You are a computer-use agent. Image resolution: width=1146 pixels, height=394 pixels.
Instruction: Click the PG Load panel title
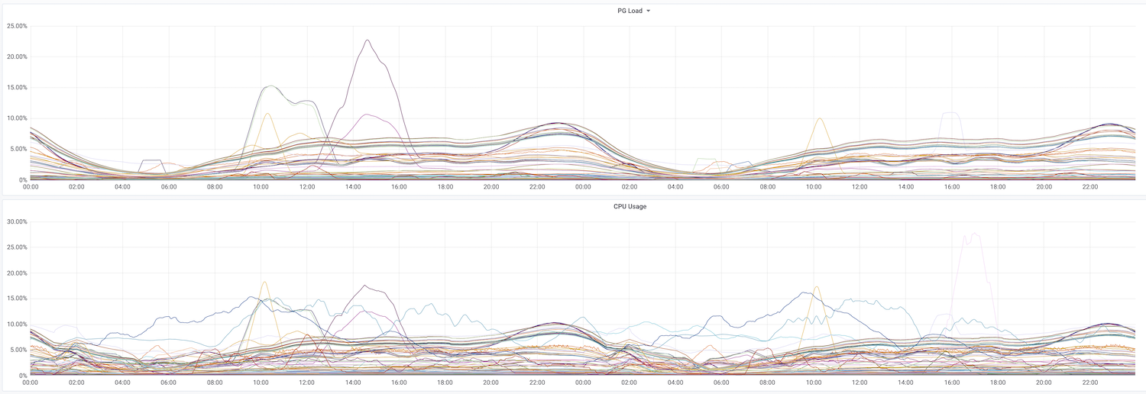click(x=630, y=11)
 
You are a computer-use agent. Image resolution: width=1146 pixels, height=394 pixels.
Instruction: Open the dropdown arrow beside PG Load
click(x=648, y=11)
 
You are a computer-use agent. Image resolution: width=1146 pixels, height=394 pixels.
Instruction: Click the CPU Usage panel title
click(x=630, y=206)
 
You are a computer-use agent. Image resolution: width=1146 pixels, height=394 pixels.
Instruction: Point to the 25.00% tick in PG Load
click(x=18, y=26)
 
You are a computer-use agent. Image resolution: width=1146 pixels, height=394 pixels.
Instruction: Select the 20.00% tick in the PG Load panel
click(x=18, y=57)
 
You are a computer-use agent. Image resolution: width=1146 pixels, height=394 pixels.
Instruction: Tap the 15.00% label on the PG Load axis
click(x=18, y=87)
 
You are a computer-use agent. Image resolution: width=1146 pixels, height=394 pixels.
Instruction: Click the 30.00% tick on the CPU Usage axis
click(x=18, y=221)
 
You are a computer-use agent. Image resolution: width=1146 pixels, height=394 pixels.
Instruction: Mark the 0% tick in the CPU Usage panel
click(x=23, y=376)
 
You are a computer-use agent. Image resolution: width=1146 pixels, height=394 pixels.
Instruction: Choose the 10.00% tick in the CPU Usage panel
click(x=18, y=325)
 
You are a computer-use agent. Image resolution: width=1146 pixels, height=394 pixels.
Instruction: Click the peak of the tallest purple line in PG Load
click(x=367, y=40)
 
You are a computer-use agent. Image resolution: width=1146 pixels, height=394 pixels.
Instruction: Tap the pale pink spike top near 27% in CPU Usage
click(x=975, y=234)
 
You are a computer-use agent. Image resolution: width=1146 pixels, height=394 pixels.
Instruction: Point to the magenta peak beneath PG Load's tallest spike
click(x=366, y=115)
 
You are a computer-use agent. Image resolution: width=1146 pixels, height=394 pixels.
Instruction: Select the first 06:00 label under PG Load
click(x=169, y=187)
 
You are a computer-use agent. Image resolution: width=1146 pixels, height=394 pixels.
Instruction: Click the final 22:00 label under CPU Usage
click(x=1090, y=383)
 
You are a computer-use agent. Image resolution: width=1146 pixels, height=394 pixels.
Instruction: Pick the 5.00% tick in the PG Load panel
click(x=19, y=149)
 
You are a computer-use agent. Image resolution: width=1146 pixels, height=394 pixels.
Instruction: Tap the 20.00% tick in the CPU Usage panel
click(x=18, y=273)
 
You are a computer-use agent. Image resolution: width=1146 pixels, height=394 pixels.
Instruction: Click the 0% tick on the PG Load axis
click(x=23, y=180)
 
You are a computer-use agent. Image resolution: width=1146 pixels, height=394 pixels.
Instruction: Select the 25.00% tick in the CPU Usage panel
click(x=18, y=247)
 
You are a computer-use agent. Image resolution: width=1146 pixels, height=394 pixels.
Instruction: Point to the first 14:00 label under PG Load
click(x=353, y=187)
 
